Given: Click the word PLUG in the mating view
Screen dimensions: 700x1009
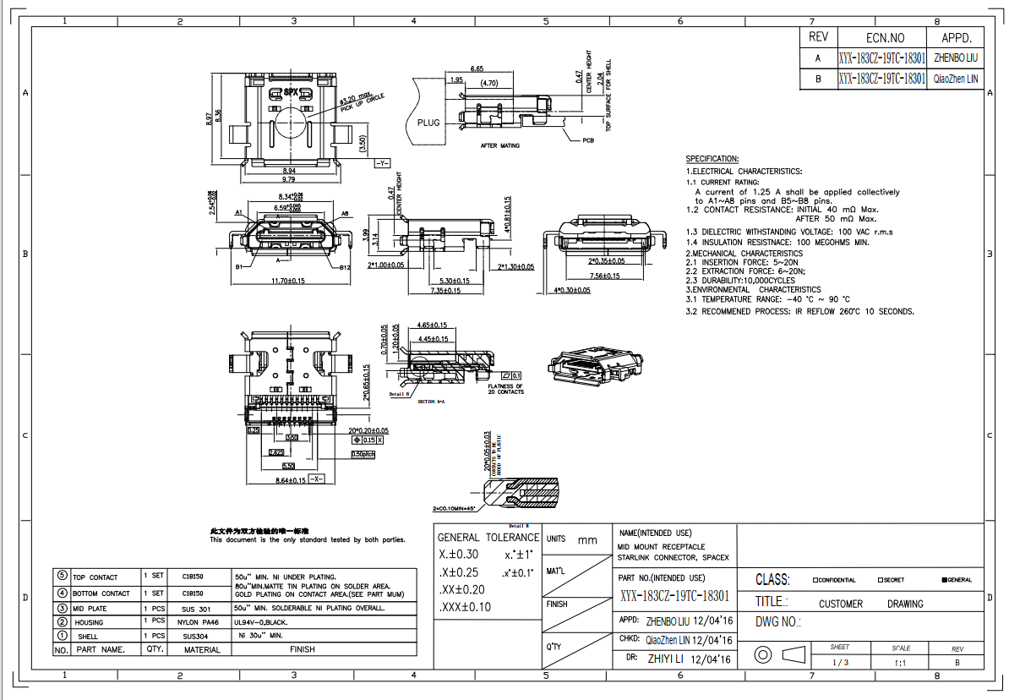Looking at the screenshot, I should coord(429,123).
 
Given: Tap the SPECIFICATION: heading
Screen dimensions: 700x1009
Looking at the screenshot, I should coord(712,159).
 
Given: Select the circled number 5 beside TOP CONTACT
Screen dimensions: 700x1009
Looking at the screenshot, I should coord(62,576).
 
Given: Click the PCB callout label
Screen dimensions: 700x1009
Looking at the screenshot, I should coord(588,140).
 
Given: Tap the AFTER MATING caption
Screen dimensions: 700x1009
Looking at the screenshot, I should coord(500,145).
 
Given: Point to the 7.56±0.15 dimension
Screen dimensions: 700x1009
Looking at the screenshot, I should coord(603,276).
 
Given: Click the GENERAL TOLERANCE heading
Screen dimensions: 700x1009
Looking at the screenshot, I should coord(488,537).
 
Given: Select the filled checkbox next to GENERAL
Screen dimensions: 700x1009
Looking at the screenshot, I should coord(944,580).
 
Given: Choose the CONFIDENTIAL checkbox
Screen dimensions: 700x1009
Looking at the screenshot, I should coord(815,580).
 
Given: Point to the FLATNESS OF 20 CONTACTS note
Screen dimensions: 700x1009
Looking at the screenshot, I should coord(506,389).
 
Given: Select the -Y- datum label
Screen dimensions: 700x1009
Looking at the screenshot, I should coord(382,162).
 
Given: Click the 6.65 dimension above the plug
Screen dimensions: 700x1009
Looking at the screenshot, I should coord(477,68).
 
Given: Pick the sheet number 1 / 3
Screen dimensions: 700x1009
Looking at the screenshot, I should coord(840,663).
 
